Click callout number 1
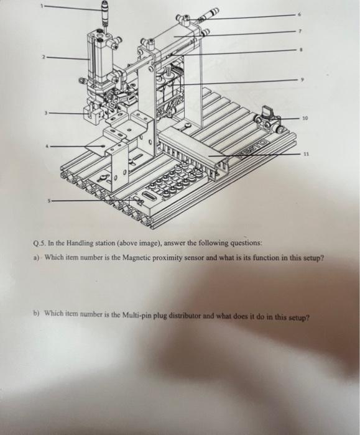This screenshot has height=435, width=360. point(43,6)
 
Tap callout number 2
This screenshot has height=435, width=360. point(44,57)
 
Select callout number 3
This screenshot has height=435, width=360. point(46,113)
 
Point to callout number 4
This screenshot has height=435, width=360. point(47,146)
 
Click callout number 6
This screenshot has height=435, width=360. point(299,14)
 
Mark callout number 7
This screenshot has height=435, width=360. point(300,31)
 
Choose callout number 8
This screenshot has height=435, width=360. point(300,50)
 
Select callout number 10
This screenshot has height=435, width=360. point(305,118)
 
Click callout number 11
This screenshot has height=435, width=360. point(306,153)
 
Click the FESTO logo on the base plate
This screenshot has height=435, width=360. point(254,147)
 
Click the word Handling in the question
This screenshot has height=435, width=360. point(80,243)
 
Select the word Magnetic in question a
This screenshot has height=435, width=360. point(136,258)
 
